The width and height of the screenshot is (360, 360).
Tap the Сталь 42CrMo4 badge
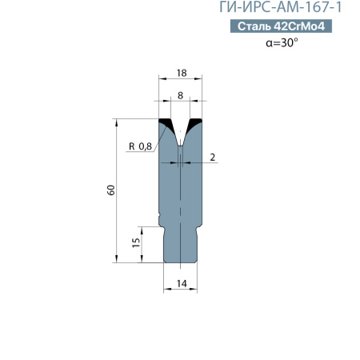[x=282, y=27]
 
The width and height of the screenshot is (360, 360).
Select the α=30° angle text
[x=282, y=43]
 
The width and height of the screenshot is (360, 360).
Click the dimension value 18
[x=180, y=73]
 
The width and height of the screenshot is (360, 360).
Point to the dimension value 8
[x=180, y=95]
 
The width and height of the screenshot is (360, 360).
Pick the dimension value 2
[x=214, y=157]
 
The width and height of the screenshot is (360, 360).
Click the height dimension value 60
[x=111, y=190]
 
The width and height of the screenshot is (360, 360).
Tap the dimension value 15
[x=136, y=241]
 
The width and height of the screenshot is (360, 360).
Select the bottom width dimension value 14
[x=181, y=283]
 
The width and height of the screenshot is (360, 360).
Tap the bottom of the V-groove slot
[x=180, y=144]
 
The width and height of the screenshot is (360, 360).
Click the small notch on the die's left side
[x=160, y=214]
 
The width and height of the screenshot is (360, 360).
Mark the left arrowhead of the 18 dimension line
[x=162, y=80]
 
